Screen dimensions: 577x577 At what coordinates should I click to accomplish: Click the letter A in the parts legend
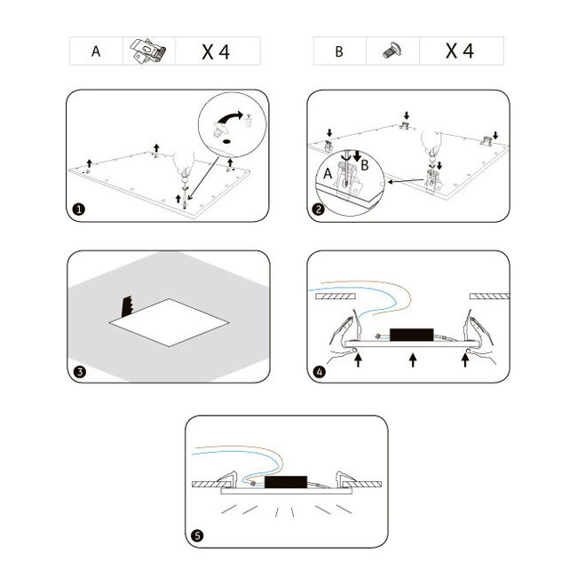pos(95,51)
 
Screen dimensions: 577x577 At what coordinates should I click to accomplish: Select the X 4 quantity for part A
pos(216,51)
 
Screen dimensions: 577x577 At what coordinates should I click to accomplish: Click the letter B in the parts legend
pos(339,51)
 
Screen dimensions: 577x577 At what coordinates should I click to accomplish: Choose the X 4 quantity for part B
pos(459,51)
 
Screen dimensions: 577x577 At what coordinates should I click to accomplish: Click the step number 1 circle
pos(79,209)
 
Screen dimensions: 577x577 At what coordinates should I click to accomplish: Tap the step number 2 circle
pos(319,209)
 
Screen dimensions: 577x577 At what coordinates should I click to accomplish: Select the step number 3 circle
pos(79,371)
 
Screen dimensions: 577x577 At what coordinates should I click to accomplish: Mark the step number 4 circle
pos(319,371)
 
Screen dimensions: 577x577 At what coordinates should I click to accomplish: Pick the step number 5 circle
pos(197,535)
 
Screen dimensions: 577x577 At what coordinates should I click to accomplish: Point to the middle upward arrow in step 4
pos(412,360)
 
